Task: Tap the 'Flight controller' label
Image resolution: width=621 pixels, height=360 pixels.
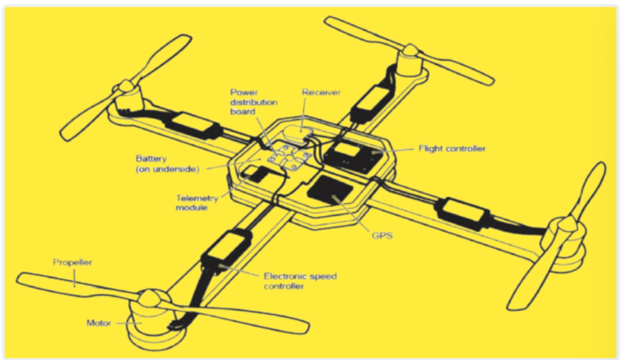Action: pos(451,149)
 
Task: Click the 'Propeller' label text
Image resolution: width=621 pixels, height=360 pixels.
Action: pos(72,262)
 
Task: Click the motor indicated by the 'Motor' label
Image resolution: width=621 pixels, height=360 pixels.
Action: pos(148,311)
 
